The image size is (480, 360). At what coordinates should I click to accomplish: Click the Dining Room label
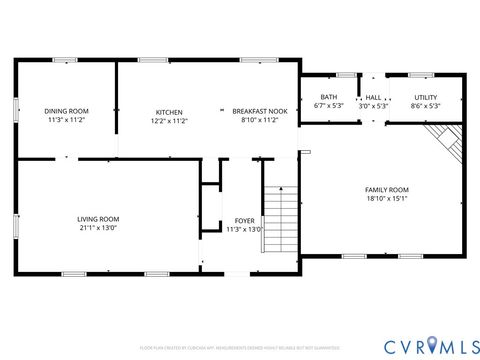tap(66, 111)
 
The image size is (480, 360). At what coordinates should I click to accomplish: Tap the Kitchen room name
tap(168, 111)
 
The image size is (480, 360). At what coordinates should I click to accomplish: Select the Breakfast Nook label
tap(259, 111)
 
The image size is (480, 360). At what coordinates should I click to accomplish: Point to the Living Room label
tap(98, 219)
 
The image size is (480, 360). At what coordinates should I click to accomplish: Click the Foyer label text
tap(244, 220)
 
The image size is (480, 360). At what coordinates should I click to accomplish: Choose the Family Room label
tap(386, 190)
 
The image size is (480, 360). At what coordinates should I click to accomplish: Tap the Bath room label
tap(328, 98)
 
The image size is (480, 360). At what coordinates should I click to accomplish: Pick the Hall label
tap(373, 98)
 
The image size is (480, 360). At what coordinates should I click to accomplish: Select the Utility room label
tap(426, 98)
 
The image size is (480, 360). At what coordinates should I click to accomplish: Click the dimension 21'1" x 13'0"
tap(98, 228)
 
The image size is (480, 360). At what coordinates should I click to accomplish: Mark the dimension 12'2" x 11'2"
tap(168, 120)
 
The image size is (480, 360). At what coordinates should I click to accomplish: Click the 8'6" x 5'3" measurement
tap(426, 106)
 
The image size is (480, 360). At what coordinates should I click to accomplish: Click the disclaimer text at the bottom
tap(239, 347)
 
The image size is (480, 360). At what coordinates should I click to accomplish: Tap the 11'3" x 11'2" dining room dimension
tap(66, 120)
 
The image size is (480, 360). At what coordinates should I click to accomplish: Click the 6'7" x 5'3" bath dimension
tap(328, 106)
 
